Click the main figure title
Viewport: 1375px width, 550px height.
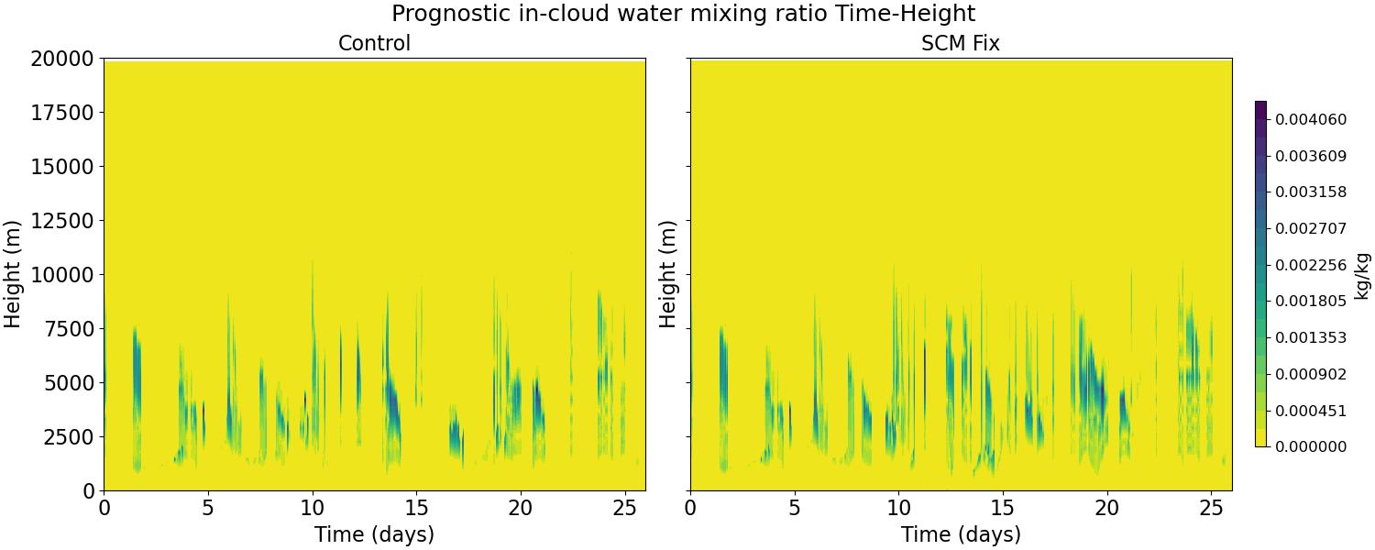(x=684, y=14)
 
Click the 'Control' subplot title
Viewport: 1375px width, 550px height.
(x=374, y=43)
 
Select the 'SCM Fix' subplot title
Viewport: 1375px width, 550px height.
(x=960, y=43)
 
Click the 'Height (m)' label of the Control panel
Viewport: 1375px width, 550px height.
(x=13, y=274)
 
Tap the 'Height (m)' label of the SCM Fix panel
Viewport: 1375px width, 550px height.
(x=668, y=274)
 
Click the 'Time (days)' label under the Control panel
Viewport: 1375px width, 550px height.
(x=374, y=534)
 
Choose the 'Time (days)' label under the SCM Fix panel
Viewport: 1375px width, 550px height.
(x=961, y=534)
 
